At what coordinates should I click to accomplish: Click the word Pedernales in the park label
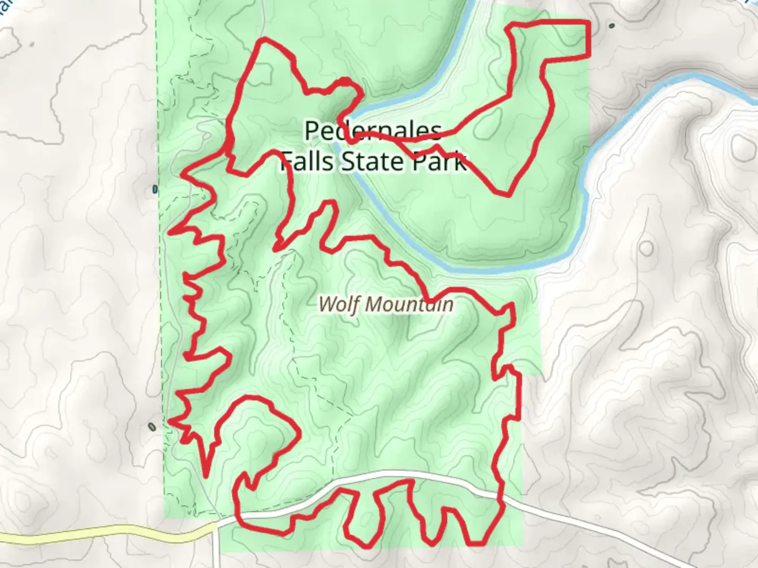pyautogui.click(x=373, y=131)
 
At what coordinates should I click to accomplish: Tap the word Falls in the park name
pyautogui.click(x=307, y=161)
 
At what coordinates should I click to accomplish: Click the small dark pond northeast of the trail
pyautogui.click(x=611, y=25)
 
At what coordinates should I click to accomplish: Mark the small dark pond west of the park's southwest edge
pyautogui.click(x=152, y=427)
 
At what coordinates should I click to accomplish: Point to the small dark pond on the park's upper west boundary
pyautogui.click(x=155, y=189)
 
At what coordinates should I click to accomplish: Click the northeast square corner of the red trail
pyautogui.click(x=587, y=23)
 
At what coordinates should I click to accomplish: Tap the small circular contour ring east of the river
pyautogui.click(x=646, y=248)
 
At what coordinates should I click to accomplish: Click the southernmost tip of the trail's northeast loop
pyautogui.click(x=506, y=195)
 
